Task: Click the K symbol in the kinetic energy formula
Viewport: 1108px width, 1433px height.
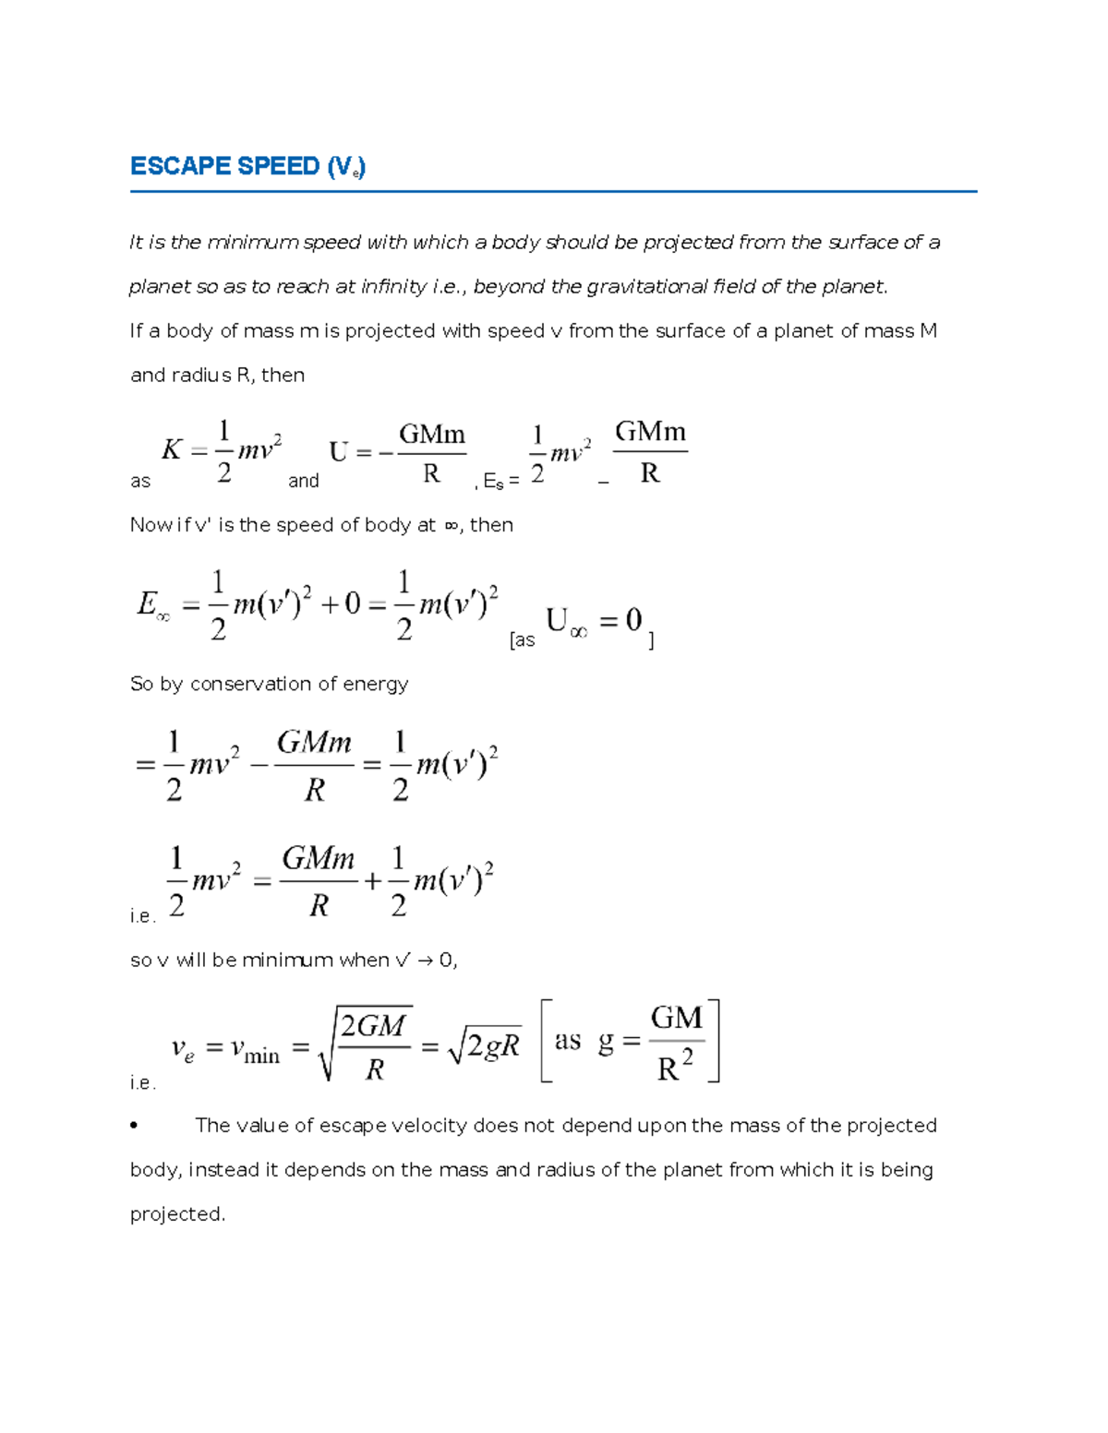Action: (x=172, y=450)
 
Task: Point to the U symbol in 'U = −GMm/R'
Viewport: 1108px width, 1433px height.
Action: (x=339, y=452)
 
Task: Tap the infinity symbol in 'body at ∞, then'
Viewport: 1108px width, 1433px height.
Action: (x=451, y=525)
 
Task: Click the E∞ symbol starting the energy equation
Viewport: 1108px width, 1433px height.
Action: (x=152, y=605)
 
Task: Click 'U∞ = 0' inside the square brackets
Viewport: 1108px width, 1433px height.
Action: (x=594, y=622)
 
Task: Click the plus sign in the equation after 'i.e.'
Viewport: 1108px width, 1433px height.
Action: (x=372, y=881)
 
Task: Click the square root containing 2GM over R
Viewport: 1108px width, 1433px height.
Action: (x=365, y=1044)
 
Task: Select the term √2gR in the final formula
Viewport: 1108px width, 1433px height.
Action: (x=484, y=1046)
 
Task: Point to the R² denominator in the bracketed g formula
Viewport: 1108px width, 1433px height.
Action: (x=675, y=1068)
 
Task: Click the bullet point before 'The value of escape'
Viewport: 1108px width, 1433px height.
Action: (x=135, y=1126)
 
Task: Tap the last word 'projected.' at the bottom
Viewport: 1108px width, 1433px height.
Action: (x=177, y=1214)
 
